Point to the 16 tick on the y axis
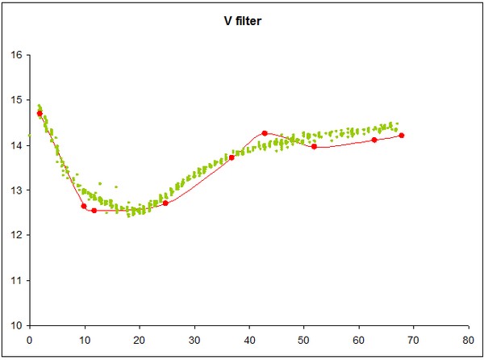tap(16, 56)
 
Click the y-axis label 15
tap(16, 101)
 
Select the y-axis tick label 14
tap(16, 146)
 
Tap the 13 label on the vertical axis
tap(16, 190)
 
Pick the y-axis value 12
tap(16, 236)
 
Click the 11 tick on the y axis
tap(16, 281)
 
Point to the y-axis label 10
tap(16, 326)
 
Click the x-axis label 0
tap(29, 339)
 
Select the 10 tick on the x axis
tap(84, 339)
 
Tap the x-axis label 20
tap(139, 339)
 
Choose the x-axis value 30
tap(194, 339)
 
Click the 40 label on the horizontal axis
tap(248, 339)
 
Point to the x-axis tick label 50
tap(303, 339)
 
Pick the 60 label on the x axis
tap(358, 339)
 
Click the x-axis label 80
tap(468, 339)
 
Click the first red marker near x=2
tap(40, 114)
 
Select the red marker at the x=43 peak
tap(265, 133)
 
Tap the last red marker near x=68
tap(402, 136)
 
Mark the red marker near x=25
tap(165, 203)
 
